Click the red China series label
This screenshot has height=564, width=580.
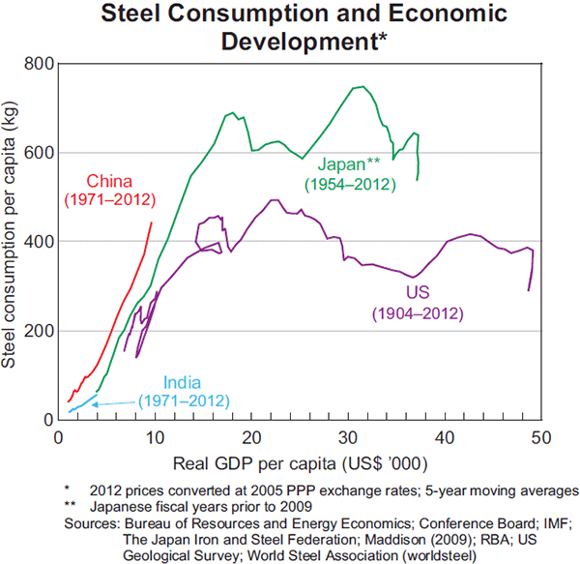coord(108,181)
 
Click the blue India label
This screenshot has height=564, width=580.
coord(183,382)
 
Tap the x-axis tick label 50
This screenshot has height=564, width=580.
coord(539,434)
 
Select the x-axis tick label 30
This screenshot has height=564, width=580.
coord(347,434)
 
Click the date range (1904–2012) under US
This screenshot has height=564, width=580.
coord(420,313)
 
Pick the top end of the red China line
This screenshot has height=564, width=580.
coord(152,223)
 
